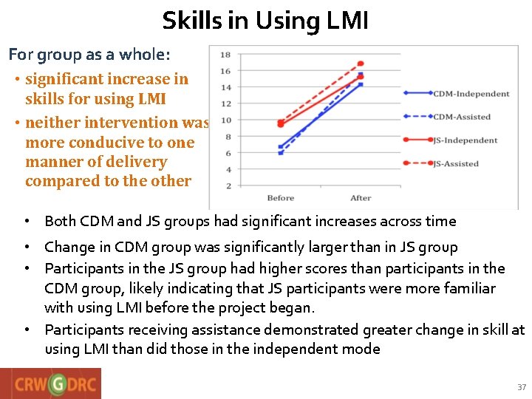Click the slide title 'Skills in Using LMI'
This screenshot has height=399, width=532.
(265, 20)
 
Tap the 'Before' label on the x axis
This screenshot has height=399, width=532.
(281, 198)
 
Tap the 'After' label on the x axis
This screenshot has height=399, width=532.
(361, 198)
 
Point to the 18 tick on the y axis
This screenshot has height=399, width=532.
(225, 55)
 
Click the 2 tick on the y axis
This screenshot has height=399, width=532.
(228, 186)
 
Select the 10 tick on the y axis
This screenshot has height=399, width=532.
(225, 120)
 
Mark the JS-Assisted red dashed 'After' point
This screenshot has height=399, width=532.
(361, 64)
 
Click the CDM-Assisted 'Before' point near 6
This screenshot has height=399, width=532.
(281, 153)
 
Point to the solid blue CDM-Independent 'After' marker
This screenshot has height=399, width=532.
(361, 84)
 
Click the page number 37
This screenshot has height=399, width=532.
(522, 387)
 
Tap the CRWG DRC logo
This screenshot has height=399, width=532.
(51, 383)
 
